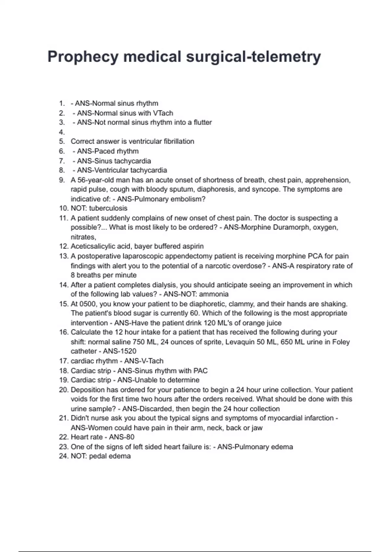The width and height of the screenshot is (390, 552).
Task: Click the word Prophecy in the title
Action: tap(82, 57)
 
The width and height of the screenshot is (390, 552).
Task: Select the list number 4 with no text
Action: tap(62, 132)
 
